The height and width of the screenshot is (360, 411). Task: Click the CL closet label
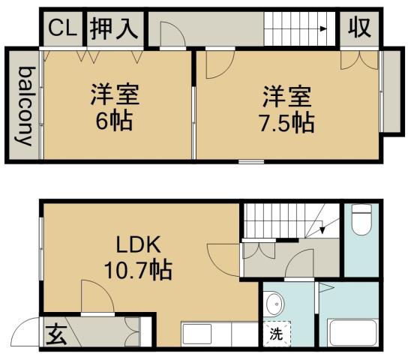(x=61, y=28)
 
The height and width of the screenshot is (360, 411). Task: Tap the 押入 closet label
(x=114, y=28)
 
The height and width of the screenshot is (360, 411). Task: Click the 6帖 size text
(x=114, y=120)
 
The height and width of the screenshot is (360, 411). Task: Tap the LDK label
(x=136, y=245)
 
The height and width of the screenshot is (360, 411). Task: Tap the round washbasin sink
(x=275, y=304)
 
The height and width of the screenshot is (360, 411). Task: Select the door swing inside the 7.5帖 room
(x=220, y=64)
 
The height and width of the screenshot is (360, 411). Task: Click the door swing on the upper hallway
(x=169, y=34)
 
